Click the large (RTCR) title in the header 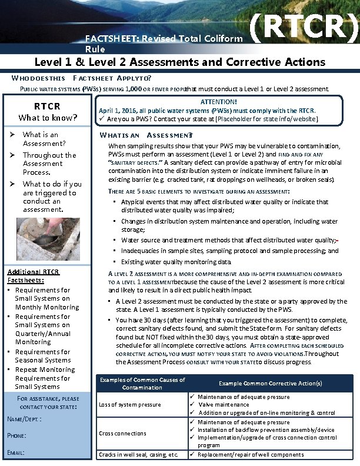click(304, 31)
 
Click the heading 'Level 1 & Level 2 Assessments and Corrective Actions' click(179, 62)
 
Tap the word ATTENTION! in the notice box click(219, 102)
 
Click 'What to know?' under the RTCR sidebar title click(48, 118)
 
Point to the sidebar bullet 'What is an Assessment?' click(44, 139)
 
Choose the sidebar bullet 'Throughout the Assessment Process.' click(49, 164)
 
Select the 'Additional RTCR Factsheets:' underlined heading click(33, 277)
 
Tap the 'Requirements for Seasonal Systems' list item click(42, 356)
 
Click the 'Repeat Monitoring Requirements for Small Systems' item click(45, 378)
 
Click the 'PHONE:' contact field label click(16, 435)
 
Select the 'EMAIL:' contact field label click(16, 452)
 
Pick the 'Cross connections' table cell click(122, 434)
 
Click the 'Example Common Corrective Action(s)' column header click(270, 384)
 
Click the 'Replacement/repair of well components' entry click(251, 455)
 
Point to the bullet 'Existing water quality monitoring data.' click(176, 262)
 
